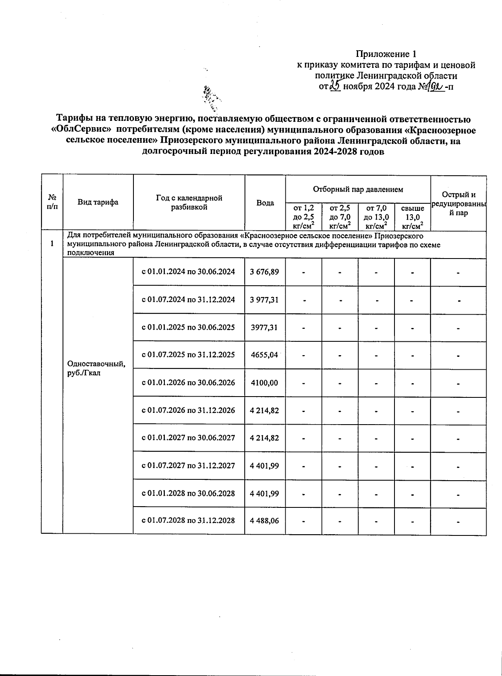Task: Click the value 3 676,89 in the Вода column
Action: (x=264, y=272)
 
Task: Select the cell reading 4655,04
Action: (x=264, y=355)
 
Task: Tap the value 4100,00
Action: (x=264, y=382)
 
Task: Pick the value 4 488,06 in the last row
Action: (x=264, y=520)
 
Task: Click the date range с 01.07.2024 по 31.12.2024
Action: (x=189, y=300)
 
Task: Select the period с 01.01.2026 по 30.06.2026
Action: (x=189, y=382)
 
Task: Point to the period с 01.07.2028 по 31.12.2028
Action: (x=189, y=520)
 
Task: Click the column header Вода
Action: (x=265, y=203)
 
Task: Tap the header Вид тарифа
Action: (x=98, y=202)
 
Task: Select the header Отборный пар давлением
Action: (x=358, y=189)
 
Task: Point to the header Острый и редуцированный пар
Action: (x=458, y=203)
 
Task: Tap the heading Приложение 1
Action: (x=386, y=54)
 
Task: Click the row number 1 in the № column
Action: (x=52, y=243)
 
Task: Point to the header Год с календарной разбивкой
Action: (x=189, y=202)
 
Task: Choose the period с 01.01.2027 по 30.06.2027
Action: (x=189, y=438)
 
